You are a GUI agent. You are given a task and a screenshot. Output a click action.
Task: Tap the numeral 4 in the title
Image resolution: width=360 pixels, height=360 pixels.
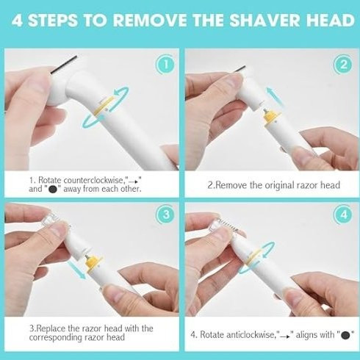[x=17, y=20]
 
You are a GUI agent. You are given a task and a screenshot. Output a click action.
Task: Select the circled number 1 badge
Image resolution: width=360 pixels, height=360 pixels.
[x=165, y=65]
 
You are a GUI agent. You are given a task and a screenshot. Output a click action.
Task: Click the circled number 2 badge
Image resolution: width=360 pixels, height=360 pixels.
[x=344, y=65]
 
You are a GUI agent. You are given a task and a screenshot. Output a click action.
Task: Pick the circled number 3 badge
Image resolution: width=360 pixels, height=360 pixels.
[x=165, y=215]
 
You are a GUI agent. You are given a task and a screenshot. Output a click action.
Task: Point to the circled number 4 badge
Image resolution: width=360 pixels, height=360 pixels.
[x=344, y=215]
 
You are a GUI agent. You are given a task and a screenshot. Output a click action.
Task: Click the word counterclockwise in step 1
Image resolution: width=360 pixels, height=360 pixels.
[x=93, y=180]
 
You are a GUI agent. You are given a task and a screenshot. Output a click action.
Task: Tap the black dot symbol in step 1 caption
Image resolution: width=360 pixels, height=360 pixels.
[x=53, y=190]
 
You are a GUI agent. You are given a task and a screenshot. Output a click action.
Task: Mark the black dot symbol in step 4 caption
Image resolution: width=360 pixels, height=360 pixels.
[x=345, y=335]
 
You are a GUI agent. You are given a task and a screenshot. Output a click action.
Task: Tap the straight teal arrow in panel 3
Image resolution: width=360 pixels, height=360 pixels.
[x=76, y=270]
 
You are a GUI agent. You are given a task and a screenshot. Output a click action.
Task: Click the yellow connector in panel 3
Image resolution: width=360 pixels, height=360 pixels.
[x=93, y=263]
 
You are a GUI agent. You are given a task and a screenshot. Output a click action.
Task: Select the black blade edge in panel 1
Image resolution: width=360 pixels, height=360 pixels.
[x=64, y=65]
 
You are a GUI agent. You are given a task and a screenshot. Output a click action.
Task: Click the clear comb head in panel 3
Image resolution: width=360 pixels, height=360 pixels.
[x=49, y=220]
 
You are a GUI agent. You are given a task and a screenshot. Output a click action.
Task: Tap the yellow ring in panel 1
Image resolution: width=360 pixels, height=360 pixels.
[x=104, y=107]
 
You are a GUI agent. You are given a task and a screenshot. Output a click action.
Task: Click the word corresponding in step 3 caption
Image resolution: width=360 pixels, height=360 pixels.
[x=55, y=337]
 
